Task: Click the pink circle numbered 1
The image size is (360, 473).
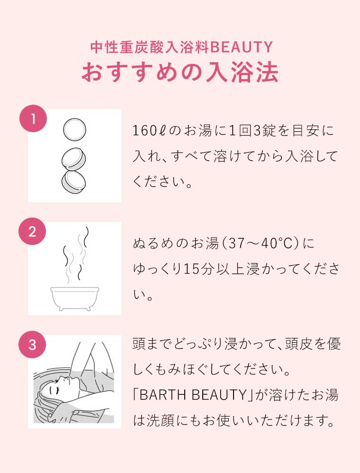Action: click(x=32, y=119)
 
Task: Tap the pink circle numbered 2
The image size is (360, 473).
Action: click(x=32, y=232)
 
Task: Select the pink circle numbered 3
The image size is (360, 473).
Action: click(x=32, y=345)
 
